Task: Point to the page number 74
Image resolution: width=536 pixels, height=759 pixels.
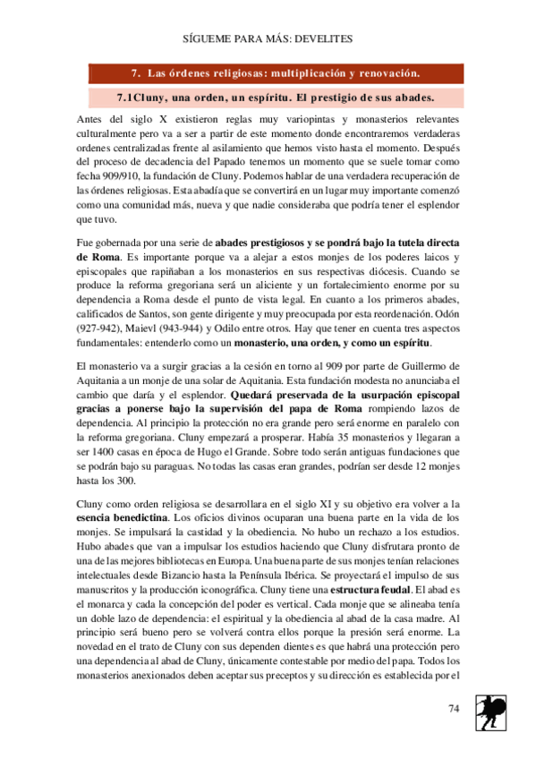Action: pos(454,709)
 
